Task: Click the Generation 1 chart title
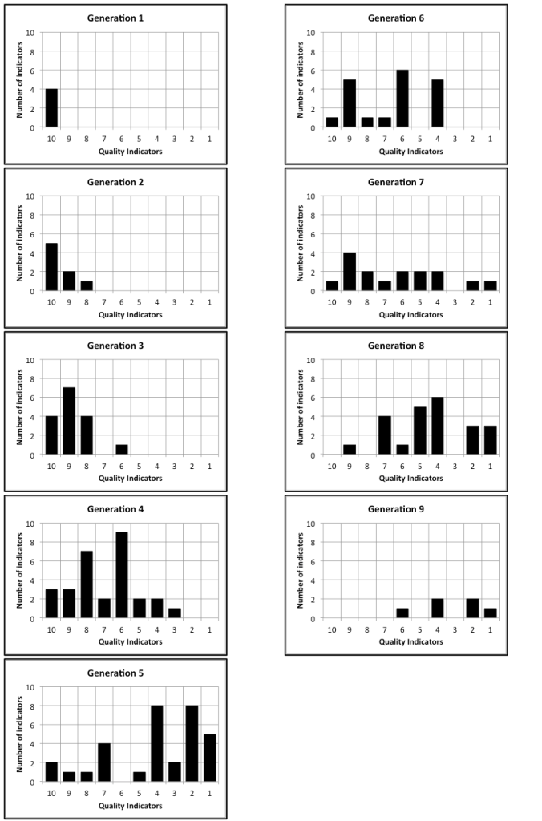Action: pyautogui.click(x=130, y=18)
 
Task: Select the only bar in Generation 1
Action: pyautogui.click(x=51, y=108)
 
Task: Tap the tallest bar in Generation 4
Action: pyautogui.click(x=122, y=575)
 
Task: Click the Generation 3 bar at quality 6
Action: pyautogui.click(x=122, y=450)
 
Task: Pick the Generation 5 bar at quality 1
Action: pyautogui.click(x=209, y=758)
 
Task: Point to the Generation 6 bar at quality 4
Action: pyautogui.click(x=437, y=103)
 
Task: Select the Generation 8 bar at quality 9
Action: pyautogui.click(x=350, y=450)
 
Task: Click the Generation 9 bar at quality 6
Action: pyautogui.click(x=402, y=613)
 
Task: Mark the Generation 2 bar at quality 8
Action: pyautogui.click(x=87, y=286)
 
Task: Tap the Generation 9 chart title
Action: pyautogui.click(x=411, y=509)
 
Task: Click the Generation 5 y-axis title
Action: pyautogui.click(x=20, y=734)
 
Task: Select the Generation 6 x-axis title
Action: pyautogui.click(x=411, y=150)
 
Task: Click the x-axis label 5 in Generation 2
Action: pyautogui.click(x=140, y=302)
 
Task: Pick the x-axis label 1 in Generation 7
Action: pyautogui.click(x=490, y=302)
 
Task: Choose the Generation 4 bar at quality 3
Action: pyautogui.click(x=175, y=613)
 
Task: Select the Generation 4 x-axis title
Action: pyautogui.click(x=130, y=641)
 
